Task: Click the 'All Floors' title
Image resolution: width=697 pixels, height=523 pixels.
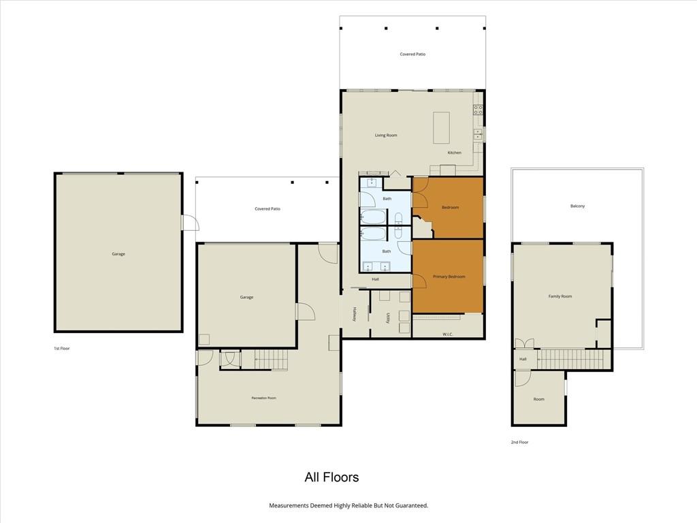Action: [x=331, y=477]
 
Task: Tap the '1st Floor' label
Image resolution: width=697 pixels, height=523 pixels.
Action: [x=62, y=348]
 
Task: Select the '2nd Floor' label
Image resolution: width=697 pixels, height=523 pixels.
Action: [x=519, y=442]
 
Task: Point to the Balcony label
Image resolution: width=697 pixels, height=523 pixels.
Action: [x=577, y=206]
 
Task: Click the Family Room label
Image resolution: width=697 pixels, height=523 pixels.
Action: [x=560, y=296]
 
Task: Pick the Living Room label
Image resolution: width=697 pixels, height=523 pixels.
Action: [x=386, y=136]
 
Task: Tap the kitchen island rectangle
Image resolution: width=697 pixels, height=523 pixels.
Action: [x=441, y=127]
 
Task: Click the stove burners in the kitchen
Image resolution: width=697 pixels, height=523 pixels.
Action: [x=478, y=110]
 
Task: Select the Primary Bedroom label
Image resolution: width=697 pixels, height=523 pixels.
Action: [x=449, y=276]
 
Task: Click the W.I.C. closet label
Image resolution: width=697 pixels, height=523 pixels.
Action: [x=448, y=334]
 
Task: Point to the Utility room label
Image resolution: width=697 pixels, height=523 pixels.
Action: [x=388, y=317]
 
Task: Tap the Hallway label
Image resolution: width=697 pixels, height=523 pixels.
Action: [x=354, y=314]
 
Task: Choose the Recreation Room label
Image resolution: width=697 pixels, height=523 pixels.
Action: [x=263, y=398]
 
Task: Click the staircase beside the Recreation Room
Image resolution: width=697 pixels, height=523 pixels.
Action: [x=271, y=360]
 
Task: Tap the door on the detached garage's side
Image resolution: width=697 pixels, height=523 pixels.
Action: [x=191, y=223]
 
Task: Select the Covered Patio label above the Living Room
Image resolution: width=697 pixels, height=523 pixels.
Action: [x=412, y=54]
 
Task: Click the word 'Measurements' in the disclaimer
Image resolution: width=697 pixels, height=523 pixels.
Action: [x=288, y=505]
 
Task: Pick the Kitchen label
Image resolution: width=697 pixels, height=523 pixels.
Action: [x=454, y=153]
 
